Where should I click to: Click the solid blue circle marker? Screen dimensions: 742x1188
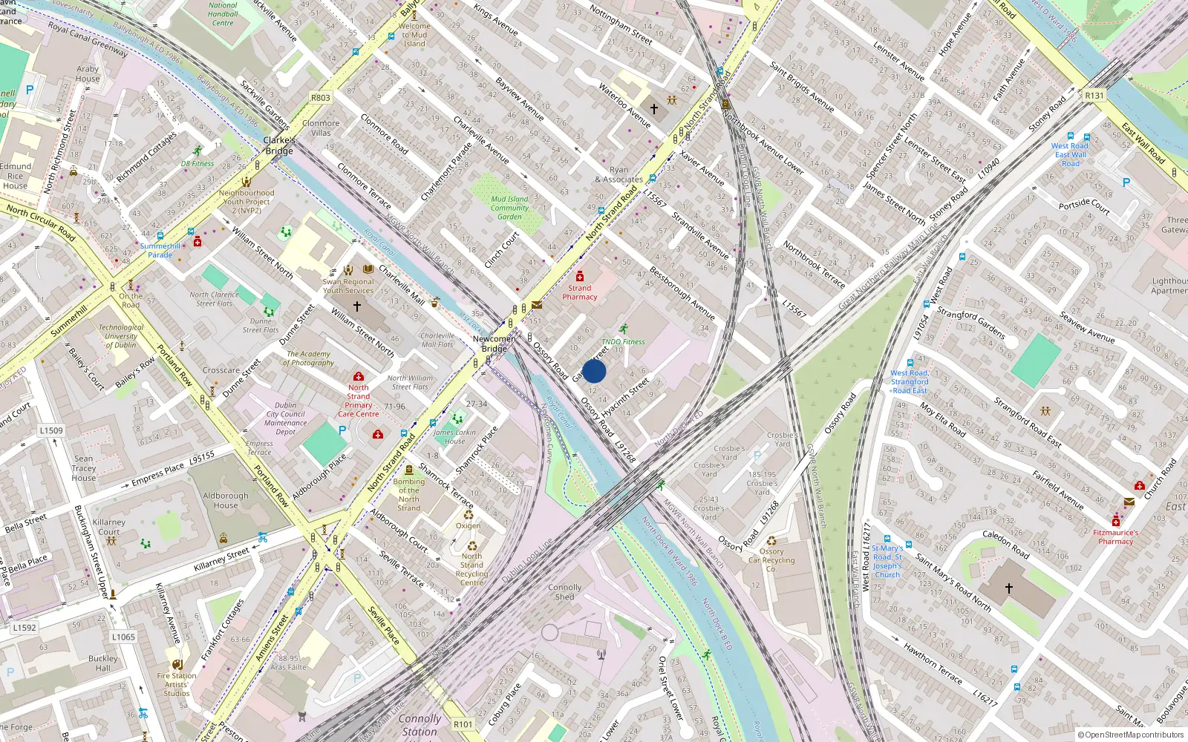594,371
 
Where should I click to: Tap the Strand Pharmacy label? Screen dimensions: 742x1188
580,292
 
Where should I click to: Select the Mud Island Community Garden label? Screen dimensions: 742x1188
509,208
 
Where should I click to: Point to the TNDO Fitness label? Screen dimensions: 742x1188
623,342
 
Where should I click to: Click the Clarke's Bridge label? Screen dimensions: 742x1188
279,145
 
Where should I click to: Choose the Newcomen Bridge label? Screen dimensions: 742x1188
494,344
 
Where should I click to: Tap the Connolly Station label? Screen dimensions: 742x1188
420,724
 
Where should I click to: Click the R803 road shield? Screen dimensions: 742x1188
321,98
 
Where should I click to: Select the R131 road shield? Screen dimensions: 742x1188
1094,96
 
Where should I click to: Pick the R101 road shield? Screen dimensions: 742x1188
463,724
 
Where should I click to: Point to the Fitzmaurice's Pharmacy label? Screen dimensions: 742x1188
1115,536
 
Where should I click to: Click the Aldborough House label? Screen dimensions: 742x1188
226,500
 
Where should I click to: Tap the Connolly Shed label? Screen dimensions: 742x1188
564,591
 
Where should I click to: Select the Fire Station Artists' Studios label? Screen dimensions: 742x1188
177,684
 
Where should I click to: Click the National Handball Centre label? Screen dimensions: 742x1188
223,14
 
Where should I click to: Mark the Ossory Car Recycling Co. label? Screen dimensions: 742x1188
771,560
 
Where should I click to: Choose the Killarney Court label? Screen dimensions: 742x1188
109,527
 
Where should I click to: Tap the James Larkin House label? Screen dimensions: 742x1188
454,436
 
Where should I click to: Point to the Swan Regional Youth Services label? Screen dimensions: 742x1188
348,286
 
